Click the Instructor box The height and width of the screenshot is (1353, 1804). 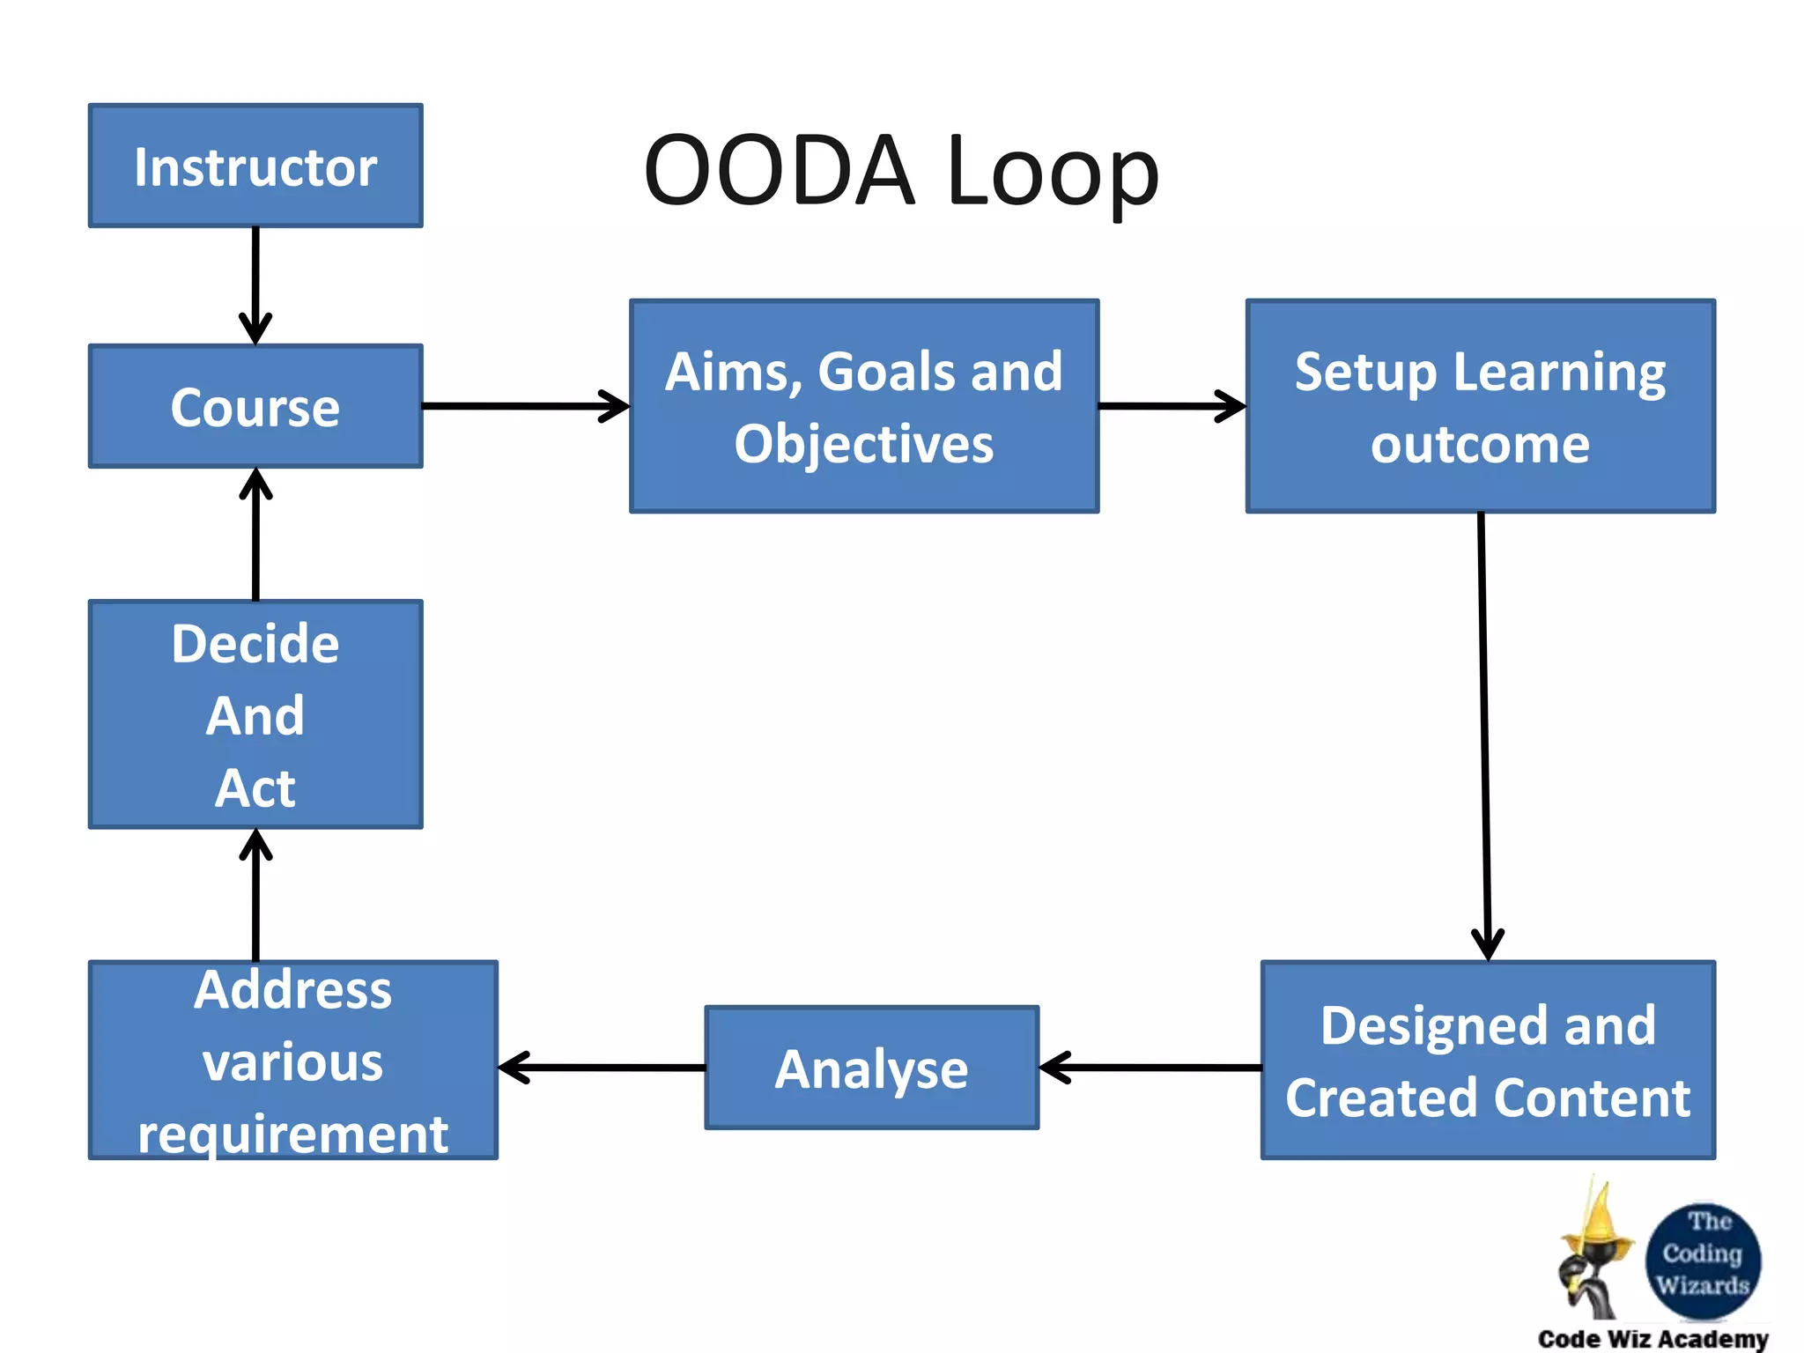(255, 166)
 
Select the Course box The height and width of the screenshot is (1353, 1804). (255, 406)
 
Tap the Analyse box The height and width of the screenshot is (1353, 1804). (871, 1068)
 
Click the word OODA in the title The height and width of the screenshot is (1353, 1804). (780, 170)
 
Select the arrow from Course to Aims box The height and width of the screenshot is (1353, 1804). (525, 406)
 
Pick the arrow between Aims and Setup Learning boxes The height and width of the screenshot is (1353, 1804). (1172, 406)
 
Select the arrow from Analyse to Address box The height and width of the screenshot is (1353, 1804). (602, 1068)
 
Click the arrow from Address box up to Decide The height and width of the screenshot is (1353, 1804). (255, 894)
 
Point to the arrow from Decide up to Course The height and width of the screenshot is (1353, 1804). (255, 534)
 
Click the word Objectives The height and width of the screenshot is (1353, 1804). (864, 443)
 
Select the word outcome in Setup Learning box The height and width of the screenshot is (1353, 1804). (1480, 443)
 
